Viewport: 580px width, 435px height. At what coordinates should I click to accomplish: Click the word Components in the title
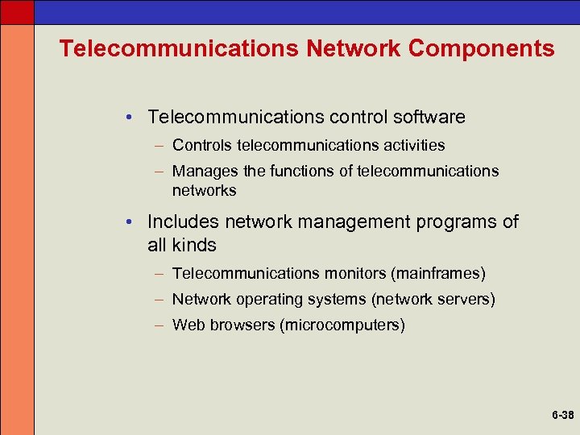point(482,48)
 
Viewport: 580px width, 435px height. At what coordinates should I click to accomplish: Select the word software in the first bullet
point(431,117)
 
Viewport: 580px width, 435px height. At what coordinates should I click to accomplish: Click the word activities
point(412,146)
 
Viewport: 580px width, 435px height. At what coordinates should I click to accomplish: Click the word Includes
point(184,222)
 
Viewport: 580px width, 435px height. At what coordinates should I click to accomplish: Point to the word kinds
point(195,244)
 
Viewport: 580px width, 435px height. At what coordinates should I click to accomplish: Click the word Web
point(189,325)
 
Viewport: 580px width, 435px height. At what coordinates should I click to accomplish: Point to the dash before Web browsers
point(161,325)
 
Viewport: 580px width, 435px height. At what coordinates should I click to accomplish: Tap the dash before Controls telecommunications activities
point(161,146)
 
